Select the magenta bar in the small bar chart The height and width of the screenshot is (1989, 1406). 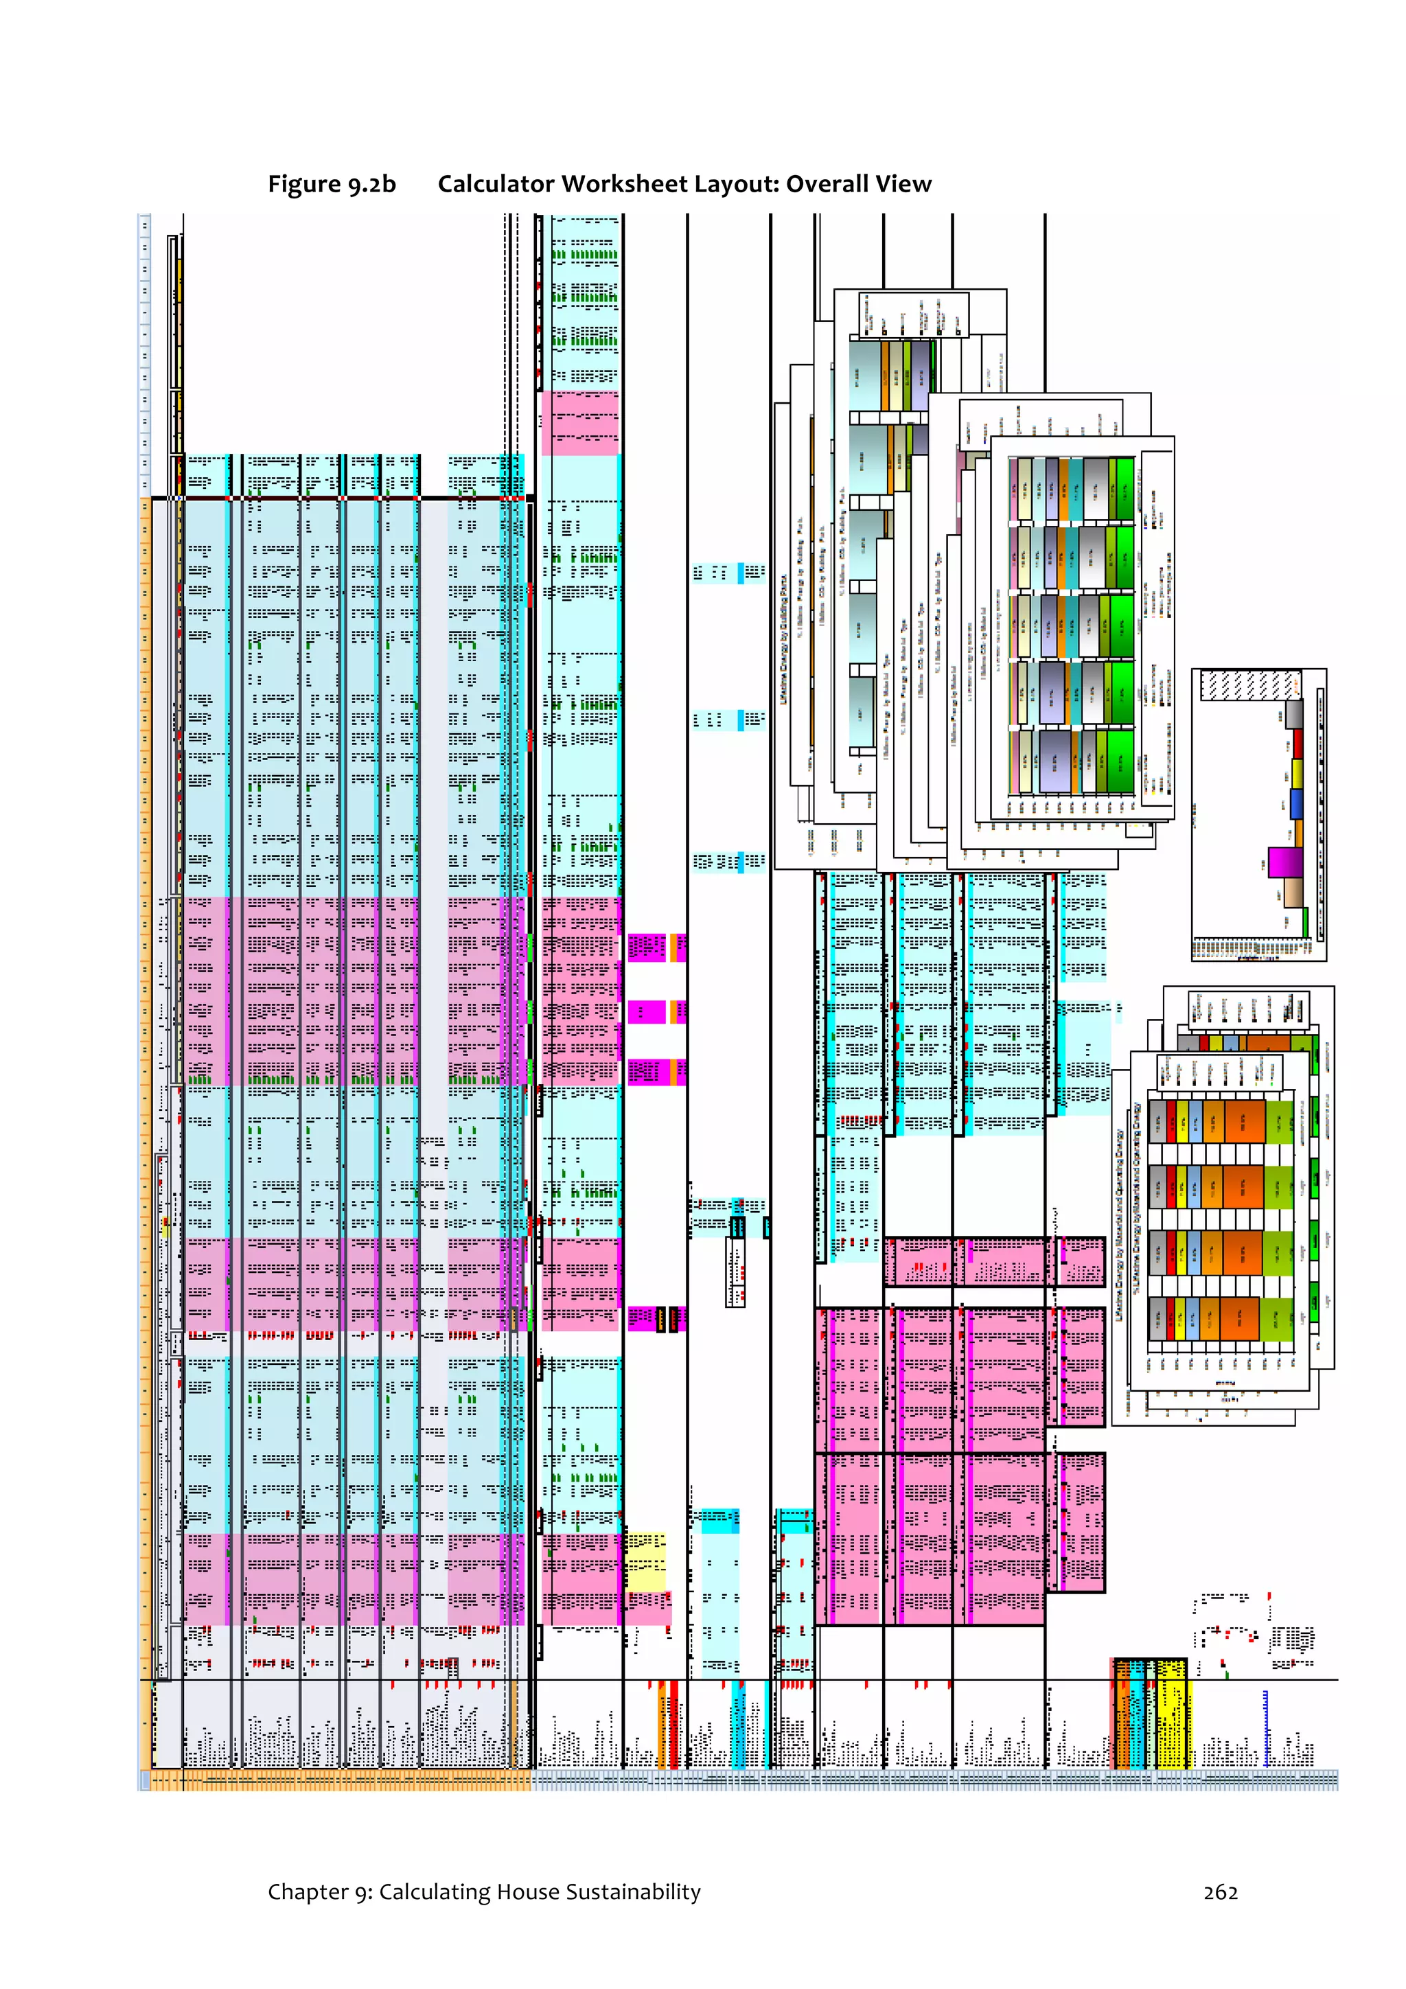pos(1284,862)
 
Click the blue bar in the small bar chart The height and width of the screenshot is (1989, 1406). pos(1296,804)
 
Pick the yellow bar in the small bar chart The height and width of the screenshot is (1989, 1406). pos(1297,774)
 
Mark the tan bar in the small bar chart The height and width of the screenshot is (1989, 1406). pos(1293,893)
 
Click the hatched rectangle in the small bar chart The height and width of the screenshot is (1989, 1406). pos(1250,685)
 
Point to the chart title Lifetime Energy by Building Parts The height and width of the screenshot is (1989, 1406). pos(784,639)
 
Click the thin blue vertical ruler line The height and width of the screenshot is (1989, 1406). pos(1266,1728)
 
